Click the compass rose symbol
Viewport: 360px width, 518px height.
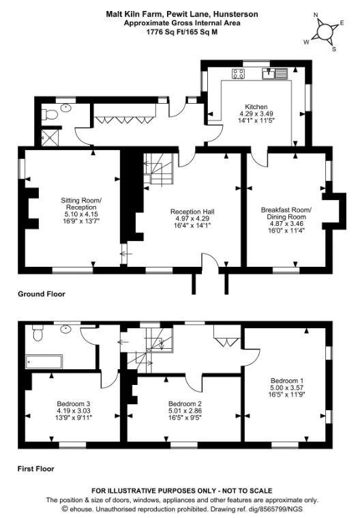click(x=325, y=31)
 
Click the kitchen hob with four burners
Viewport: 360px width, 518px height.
click(x=239, y=74)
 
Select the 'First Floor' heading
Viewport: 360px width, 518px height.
click(x=35, y=469)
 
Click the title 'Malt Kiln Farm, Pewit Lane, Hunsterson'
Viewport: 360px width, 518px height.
click(x=179, y=13)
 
